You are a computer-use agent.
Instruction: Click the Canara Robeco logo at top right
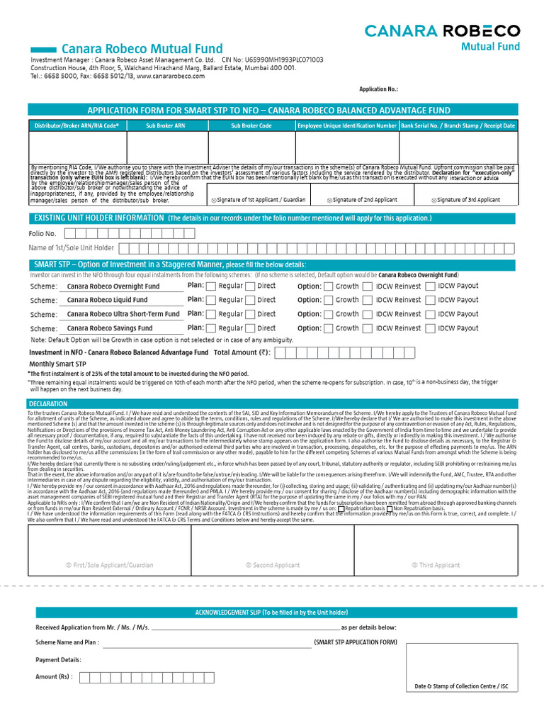[x=442, y=37]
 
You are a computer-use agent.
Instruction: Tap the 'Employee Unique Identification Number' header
[x=347, y=125]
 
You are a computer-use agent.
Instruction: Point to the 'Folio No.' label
[x=42, y=233]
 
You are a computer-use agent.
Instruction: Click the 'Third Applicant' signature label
[x=436, y=565]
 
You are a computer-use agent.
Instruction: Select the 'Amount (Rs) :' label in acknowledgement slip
[x=55, y=676]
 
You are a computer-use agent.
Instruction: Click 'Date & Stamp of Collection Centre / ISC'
[x=461, y=686]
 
